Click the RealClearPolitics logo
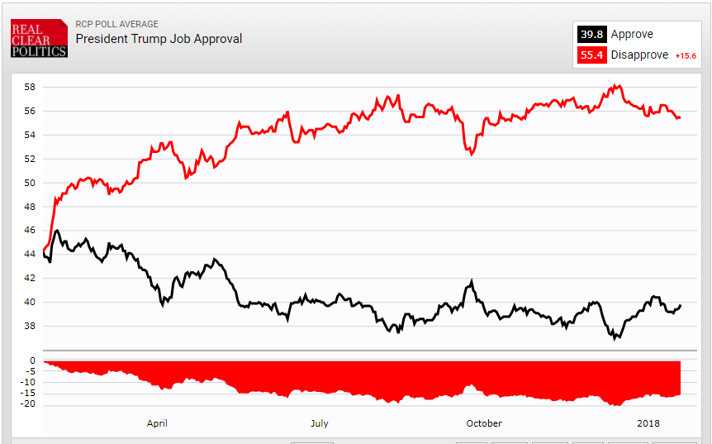pos(39,39)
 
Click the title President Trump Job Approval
pos(159,39)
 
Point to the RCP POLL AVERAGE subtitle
pos(116,24)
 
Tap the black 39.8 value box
pos(591,35)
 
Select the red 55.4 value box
pos(591,55)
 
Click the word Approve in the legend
pos(632,35)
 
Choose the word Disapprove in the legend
pos(639,55)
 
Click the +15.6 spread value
pos(686,56)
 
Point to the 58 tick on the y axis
pos(29,87)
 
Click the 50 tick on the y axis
pos(29,183)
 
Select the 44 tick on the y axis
pos(29,255)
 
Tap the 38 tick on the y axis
pos(29,327)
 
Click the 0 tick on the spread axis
pos(32,360)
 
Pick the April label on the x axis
pos(157,423)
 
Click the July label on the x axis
pos(319,423)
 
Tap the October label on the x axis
pos(483,423)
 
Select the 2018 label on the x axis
pos(648,423)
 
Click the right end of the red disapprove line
pos(680,118)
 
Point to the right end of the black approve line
pos(681,305)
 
